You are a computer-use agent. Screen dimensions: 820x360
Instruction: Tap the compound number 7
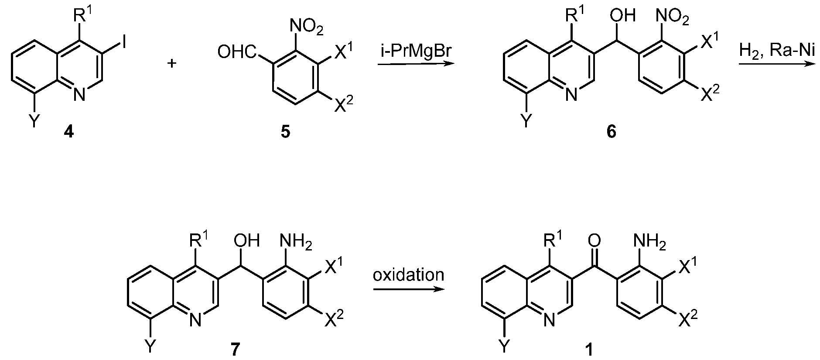click(235, 350)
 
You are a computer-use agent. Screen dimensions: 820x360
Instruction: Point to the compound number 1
click(589, 350)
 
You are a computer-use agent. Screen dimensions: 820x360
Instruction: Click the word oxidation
click(408, 275)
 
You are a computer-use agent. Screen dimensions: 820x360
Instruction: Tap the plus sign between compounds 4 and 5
click(172, 64)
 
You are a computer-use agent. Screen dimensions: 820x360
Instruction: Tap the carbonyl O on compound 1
click(594, 240)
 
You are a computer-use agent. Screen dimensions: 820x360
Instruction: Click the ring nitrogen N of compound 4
click(79, 94)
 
